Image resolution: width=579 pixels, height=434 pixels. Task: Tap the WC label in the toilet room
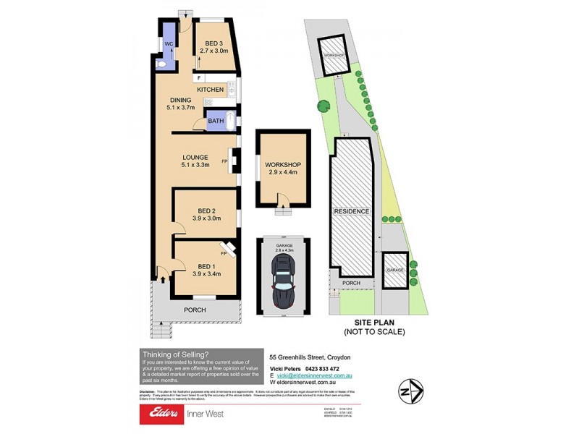tap(167, 44)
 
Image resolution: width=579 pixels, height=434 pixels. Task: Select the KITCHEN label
tap(211, 90)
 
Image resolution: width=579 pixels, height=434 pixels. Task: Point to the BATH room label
tap(216, 122)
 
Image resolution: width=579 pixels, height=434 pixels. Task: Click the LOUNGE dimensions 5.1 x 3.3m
tap(195, 166)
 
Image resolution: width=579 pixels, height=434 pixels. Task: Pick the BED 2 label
tap(205, 210)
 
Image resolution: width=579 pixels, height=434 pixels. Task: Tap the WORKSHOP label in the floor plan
tap(283, 164)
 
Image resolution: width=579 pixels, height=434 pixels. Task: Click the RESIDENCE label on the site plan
tap(352, 211)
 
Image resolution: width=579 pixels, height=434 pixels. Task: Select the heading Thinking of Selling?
tap(176, 354)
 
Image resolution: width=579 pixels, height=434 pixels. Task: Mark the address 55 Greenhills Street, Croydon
tap(309, 357)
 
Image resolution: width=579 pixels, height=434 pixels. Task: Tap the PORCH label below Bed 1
tap(195, 310)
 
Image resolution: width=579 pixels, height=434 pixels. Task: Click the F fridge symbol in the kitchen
tap(198, 77)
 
